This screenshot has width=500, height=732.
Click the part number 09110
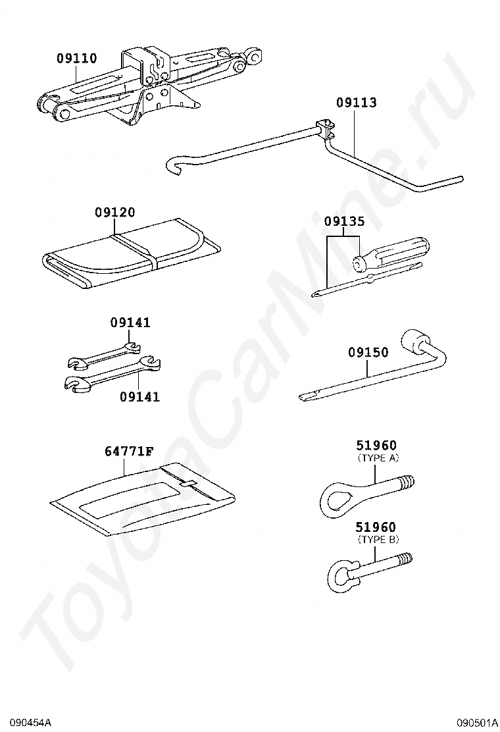pyautogui.click(x=76, y=59)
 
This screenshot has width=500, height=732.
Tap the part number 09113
pyautogui.click(x=357, y=102)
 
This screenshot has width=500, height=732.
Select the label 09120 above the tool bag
pyautogui.click(x=114, y=213)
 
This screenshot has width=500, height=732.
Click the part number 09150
pyautogui.click(x=368, y=353)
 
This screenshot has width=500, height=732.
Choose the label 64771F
pyautogui.click(x=129, y=452)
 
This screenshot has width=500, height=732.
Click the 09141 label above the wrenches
pyautogui.click(x=130, y=323)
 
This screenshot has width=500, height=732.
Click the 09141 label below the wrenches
pyautogui.click(x=139, y=397)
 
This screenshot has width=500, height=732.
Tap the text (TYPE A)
pyautogui.click(x=378, y=457)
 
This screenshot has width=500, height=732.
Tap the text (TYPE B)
pyautogui.click(x=378, y=539)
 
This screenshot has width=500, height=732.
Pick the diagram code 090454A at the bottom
pyautogui.click(x=26, y=723)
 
